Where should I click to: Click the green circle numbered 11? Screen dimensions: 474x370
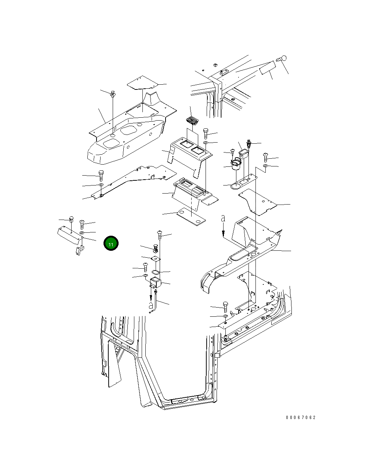(111, 244)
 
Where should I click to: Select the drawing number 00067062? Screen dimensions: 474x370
(301, 418)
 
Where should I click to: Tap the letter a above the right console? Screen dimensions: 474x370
(223, 219)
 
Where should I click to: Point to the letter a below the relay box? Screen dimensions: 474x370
(150, 305)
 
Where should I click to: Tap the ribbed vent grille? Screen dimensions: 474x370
(192, 120)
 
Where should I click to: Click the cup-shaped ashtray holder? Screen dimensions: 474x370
(235, 164)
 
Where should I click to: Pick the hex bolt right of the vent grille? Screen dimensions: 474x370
(206, 133)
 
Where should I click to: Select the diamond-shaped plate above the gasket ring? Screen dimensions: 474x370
(156, 259)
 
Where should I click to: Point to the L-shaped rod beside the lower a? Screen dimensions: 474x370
(156, 301)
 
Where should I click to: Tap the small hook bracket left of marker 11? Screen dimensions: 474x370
(79, 251)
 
